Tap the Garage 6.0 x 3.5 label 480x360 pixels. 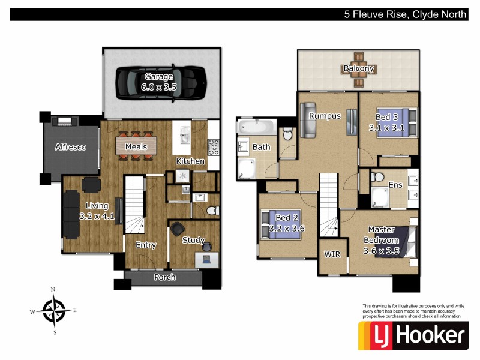point(159,82)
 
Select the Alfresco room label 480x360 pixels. point(71,147)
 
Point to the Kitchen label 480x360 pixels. point(190,161)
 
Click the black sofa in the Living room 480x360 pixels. point(71,214)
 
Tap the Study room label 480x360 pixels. point(194,241)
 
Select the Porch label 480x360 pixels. point(165,277)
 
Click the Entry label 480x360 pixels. point(146,245)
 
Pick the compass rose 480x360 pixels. point(54,310)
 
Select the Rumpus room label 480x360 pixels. point(325,116)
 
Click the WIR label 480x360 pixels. point(332,254)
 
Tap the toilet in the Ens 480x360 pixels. point(377,178)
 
